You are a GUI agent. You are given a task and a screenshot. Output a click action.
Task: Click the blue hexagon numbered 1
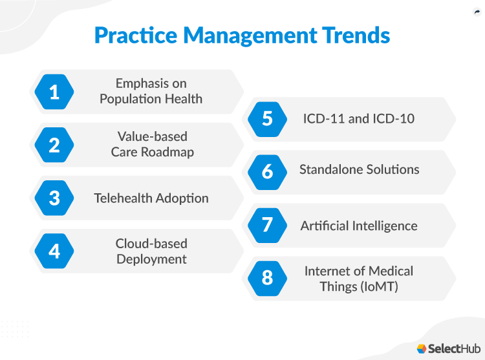[x=54, y=92]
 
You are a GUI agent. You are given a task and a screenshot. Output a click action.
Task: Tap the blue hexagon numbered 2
[x=54, y=145]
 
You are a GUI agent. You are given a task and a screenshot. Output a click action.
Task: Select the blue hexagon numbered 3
[x=54, y=198]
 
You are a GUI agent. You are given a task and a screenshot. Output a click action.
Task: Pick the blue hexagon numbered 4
[x=54, y=251]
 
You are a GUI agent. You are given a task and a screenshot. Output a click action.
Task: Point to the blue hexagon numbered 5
[x=267, y=119]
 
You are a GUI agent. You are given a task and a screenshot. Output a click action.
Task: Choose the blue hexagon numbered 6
[x=267, y=172]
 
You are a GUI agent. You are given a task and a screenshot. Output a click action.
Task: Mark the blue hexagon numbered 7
[x=267, y=225]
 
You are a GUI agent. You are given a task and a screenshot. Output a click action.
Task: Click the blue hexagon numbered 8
[x=267, y=278]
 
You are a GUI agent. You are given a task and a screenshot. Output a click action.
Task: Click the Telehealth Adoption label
[x=151, y=198]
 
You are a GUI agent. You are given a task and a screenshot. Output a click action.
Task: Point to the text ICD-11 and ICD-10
[x=359, y=119]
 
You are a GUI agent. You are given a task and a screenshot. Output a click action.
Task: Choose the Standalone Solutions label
[x=359, y=170]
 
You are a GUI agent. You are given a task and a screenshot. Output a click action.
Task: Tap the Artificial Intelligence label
[x=359, y=226]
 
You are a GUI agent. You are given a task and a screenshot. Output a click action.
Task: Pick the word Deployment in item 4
[x=151, y=259]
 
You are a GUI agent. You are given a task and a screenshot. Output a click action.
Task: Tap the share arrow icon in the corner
[x=477, y=12]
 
